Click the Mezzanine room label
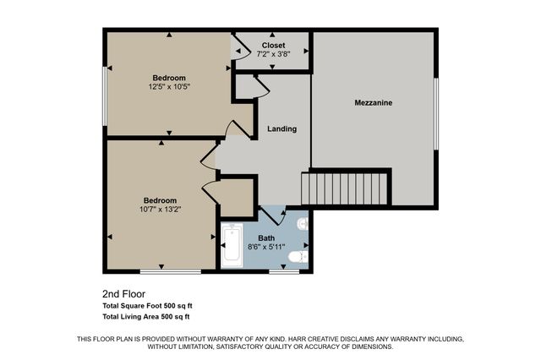[373, 103]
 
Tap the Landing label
[281, 129]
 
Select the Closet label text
[273, 45]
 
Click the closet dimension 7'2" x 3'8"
[273, 54]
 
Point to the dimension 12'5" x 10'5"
[170, 86]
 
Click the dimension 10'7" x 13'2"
[159, 210]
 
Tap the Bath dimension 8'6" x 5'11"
[266, 247]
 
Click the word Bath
[266, 237]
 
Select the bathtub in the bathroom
[232, 246]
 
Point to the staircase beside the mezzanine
[347, 188]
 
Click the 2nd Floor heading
[124, 294]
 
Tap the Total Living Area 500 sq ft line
[145, 317]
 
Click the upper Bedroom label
[170, 77]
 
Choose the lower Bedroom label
[159, 200]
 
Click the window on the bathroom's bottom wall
[284, 272]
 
